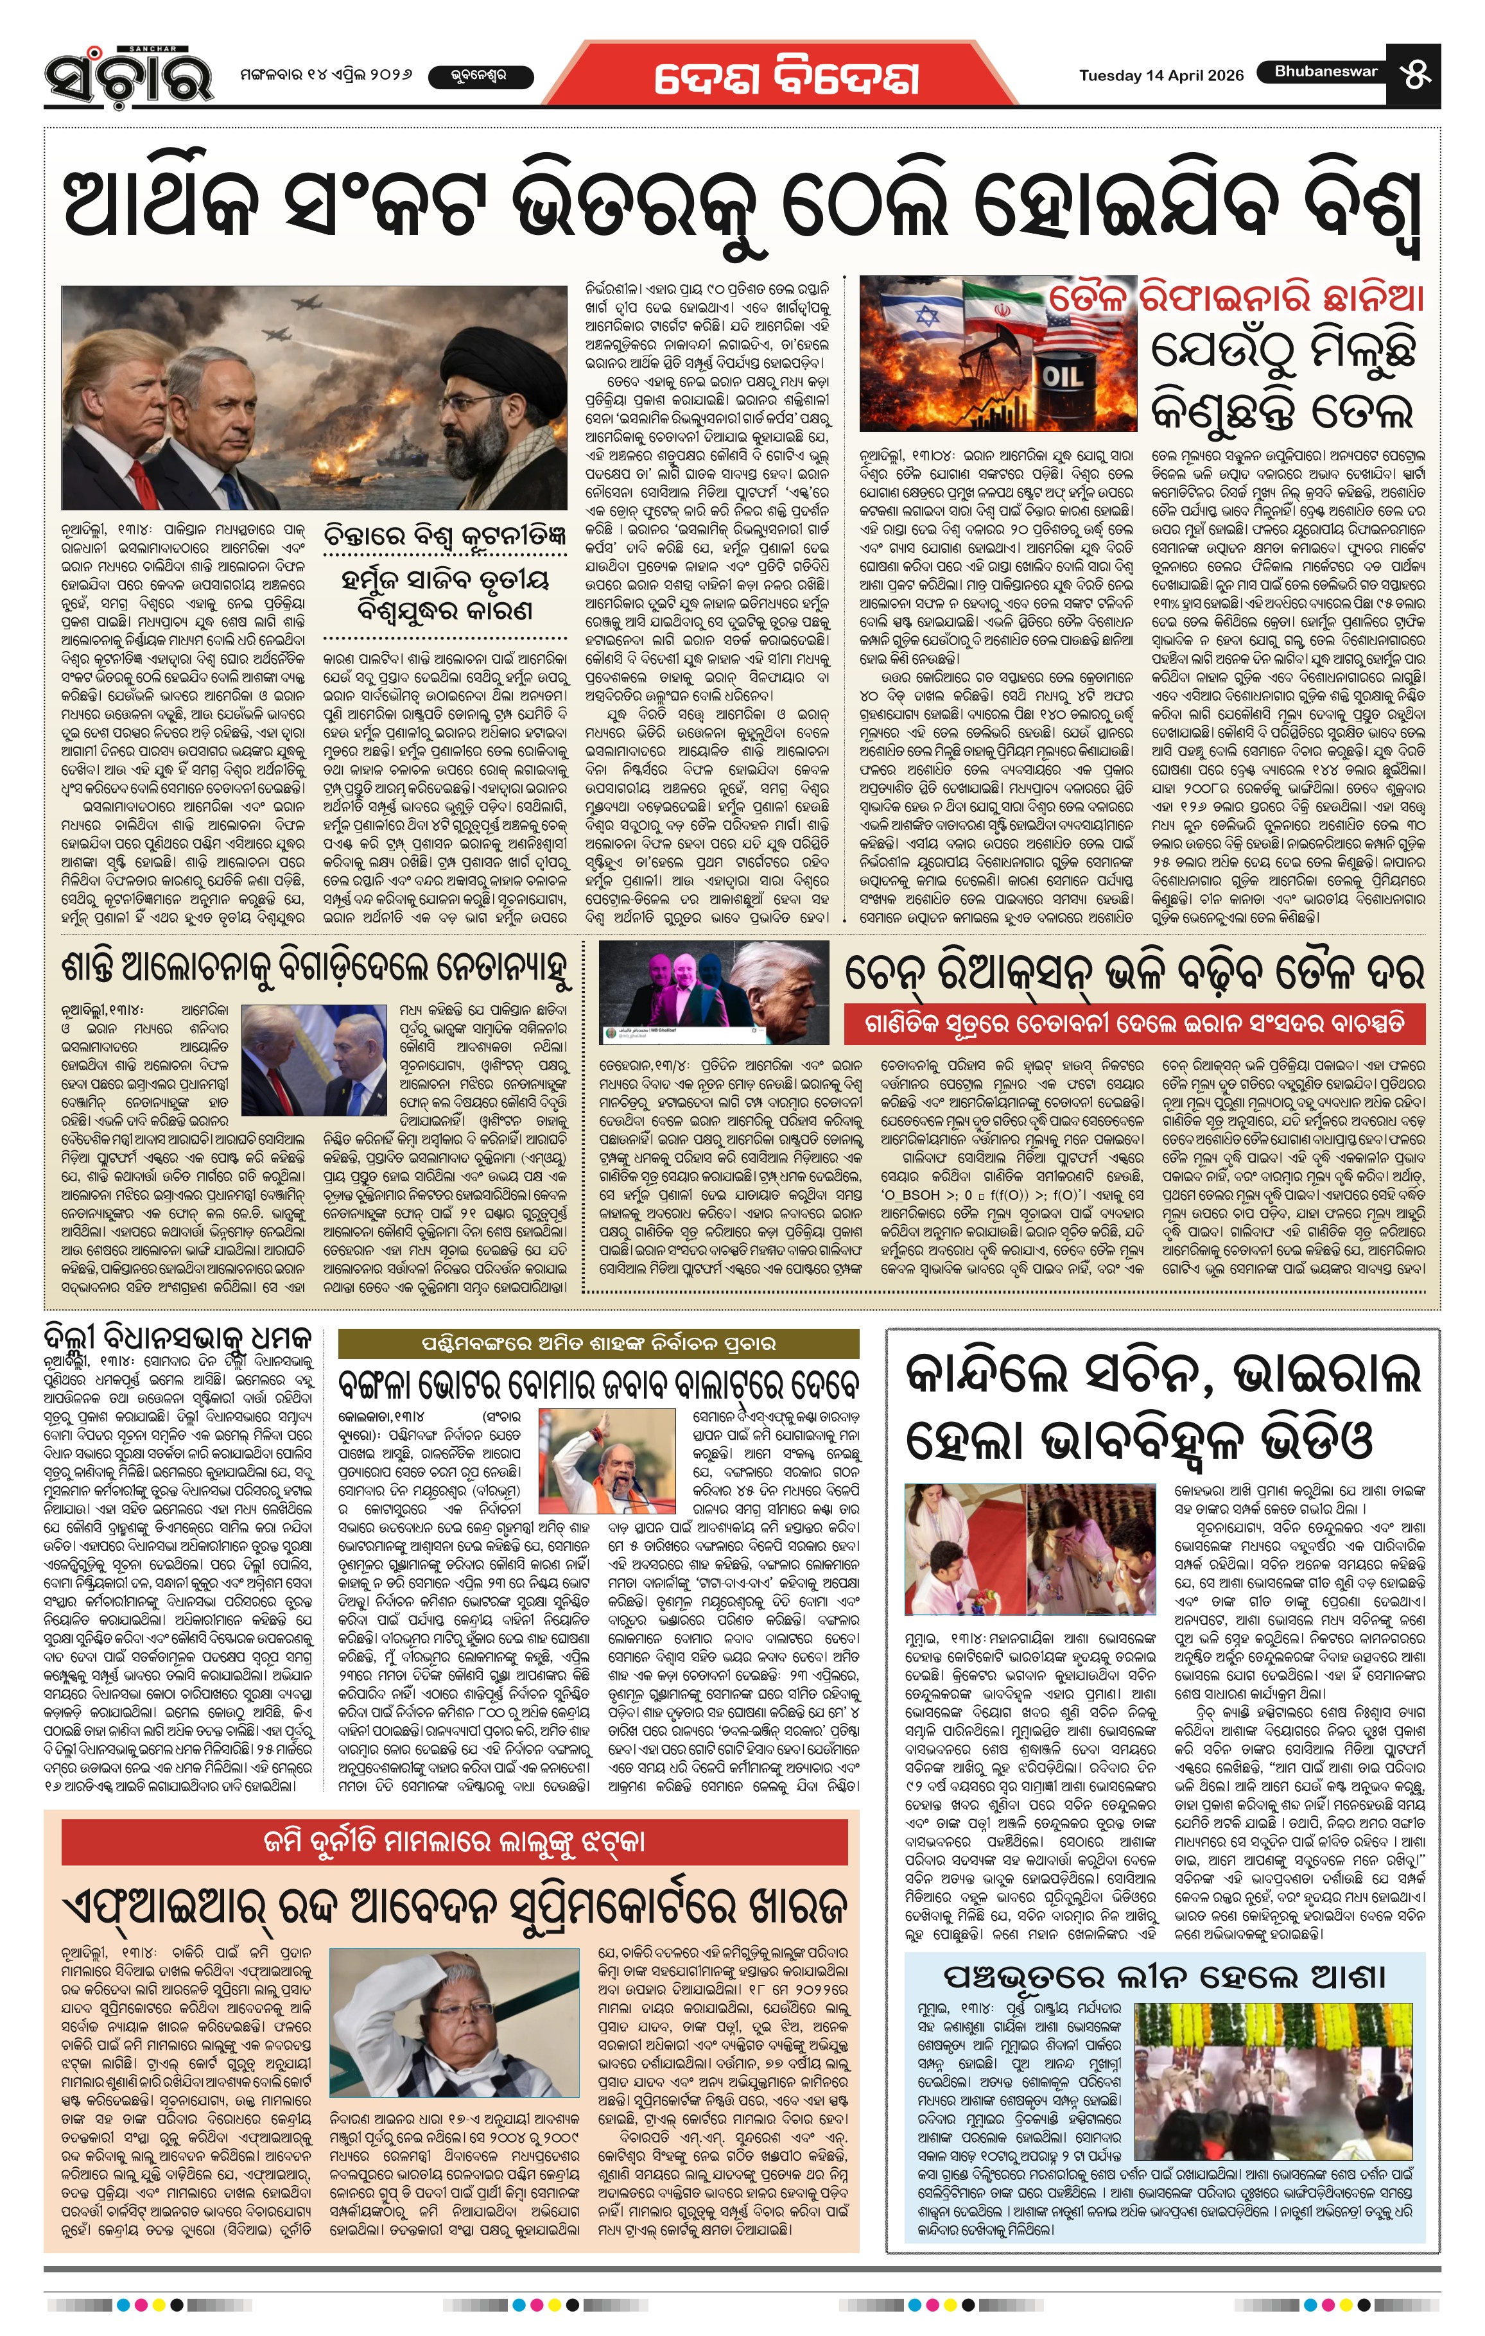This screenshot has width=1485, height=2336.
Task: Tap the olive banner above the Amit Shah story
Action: tap(598, 1343)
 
